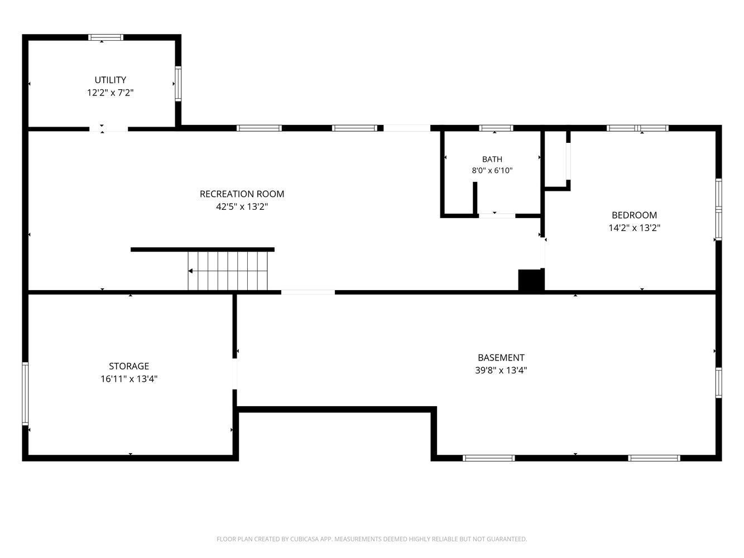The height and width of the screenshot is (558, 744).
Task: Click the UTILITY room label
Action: coord(110,80)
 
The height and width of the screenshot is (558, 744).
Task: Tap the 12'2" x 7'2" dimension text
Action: coord(110,93)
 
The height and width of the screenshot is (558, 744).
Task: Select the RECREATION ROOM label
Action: coord(242,194)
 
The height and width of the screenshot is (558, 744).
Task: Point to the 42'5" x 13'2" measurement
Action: coord(242,206)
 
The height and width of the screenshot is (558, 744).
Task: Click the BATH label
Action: coord(492,159)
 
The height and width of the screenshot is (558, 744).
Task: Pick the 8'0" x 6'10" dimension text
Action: coord(492,170)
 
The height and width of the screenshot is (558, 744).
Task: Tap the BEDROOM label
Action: coord(634,215)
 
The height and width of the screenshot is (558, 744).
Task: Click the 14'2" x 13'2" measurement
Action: coord(634,228)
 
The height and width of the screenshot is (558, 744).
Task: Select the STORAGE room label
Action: coord(129,366)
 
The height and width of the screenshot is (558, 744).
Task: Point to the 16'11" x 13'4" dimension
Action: coord(129,378)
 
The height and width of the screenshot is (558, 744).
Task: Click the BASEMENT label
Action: coord(501,358)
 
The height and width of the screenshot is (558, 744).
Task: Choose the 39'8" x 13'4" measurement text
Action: coord(501,370)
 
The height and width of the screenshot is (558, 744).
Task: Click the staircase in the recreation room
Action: coord(227,271)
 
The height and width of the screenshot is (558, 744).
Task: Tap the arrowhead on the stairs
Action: coord(190,271)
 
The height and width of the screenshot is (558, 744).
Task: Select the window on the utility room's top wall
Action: coord(105,37)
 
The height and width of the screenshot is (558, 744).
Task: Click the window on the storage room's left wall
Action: coord(25,393)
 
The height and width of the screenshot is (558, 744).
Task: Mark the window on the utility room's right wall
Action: coord(178,84)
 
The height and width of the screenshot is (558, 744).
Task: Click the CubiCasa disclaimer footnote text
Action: coord(372,538)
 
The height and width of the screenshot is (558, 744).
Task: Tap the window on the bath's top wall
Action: coord(496,128)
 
